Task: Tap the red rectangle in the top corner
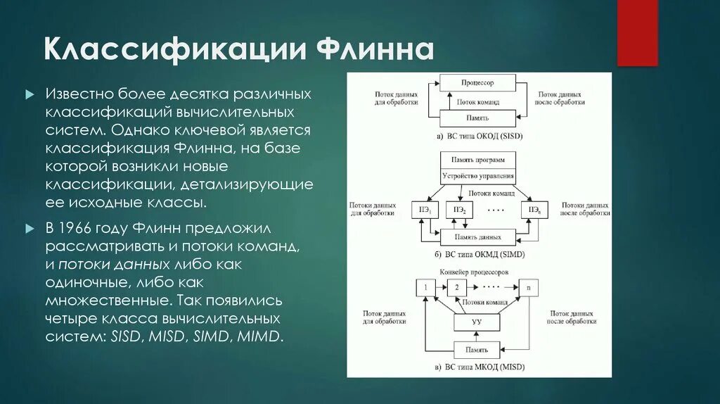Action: coord(637,32)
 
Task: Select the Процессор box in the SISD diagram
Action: coord(477,83)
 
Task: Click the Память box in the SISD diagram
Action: coord(477,118)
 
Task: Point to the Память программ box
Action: coord(478,160)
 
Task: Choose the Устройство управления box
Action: coord(478,175)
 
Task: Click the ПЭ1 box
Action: coord(425,210)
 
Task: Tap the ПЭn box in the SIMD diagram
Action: coord(534,210)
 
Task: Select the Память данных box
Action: coord(477,237)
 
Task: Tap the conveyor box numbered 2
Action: coord(456,287)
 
